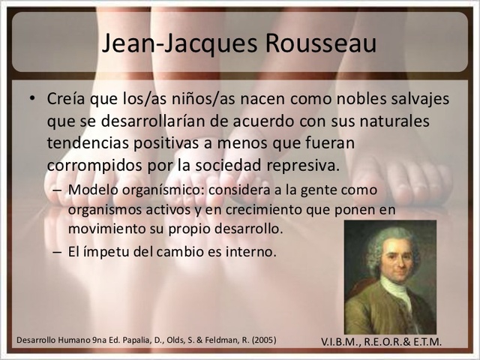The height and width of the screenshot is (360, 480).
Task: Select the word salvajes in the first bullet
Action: click(x=412, y=100)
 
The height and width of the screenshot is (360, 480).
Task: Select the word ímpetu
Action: click(x=107, y=252)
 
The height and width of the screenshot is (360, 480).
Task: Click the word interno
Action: click(x=253, y=252)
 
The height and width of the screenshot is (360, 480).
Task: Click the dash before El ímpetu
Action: click(x=58, y=252)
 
